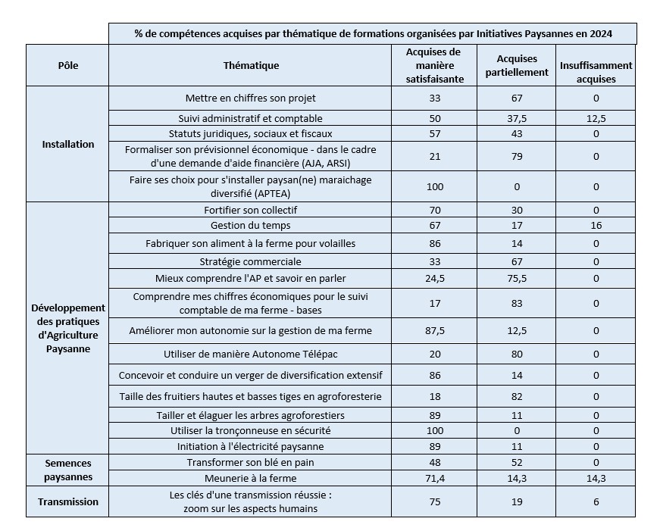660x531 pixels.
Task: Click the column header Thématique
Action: coord(251,66)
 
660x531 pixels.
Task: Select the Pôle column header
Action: coord(67,66)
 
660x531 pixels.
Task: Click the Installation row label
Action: coord(67,145)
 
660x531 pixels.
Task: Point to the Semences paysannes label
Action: coord(67,470)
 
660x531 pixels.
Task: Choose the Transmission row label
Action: coord(67,501)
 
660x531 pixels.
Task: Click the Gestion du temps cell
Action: coord(251,226)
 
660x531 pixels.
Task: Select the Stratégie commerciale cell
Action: coord(251,261)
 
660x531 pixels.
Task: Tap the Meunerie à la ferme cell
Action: coord(251,478)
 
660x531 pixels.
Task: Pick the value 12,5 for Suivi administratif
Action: coord(596,118)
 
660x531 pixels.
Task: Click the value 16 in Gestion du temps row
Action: coord(596,226)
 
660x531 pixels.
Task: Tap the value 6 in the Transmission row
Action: coord(596,501)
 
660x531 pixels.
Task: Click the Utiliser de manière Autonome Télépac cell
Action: coord(251,354)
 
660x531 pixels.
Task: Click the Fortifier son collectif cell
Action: coord(251,210)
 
